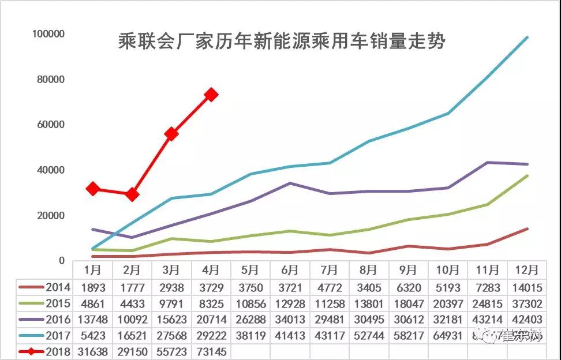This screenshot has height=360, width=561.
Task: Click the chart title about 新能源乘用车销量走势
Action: tap(281, 42)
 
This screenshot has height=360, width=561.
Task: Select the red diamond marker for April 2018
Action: tap(211, 95)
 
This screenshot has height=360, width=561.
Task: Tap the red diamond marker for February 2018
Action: tap(132, 194)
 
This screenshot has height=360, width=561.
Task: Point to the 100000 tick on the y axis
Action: tap(48, 34)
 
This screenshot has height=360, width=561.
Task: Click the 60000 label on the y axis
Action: tap(50, 125)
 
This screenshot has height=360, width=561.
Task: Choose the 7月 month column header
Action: tap(329, 270)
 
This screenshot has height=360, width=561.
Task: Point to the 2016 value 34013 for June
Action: tap(290, 319)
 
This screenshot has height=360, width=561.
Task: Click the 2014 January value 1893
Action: tap(92, 287)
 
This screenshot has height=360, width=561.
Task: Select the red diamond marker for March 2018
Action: tap(171, 134)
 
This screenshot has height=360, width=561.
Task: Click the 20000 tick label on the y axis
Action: tap(50, 216)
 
